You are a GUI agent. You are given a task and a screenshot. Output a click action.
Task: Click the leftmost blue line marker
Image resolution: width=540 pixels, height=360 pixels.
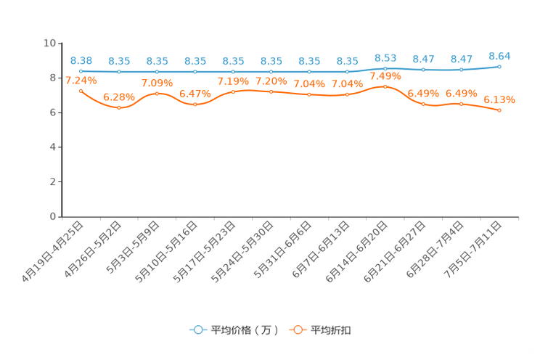coord(81,71)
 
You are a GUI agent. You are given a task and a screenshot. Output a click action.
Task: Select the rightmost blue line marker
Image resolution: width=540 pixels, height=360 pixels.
coord(500,66)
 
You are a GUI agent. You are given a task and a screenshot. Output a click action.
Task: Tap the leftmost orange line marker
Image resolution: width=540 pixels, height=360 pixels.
coord(81,90)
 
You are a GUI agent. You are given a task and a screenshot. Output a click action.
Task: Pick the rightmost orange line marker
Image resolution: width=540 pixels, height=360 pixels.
coord(500,110)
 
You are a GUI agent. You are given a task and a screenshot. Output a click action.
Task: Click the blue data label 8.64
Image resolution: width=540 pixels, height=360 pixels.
coord(500,55)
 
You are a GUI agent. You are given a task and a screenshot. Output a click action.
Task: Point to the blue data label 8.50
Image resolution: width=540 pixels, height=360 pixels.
coord(385,57)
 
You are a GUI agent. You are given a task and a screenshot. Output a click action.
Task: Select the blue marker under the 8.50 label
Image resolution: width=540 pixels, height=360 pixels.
coord(385,68)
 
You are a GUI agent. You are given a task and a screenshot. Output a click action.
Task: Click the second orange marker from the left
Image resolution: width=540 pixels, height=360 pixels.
coord(119,107)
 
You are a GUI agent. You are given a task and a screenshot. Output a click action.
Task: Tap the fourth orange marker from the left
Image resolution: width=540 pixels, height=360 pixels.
coord(195,105)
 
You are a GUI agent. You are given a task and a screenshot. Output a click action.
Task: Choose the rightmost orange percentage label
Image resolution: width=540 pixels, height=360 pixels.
coord(500,100)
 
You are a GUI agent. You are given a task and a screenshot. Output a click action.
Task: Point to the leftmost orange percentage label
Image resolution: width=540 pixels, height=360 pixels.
coord(81,81)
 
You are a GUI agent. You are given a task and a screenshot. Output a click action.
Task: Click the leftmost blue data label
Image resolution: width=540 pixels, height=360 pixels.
coord(81,60)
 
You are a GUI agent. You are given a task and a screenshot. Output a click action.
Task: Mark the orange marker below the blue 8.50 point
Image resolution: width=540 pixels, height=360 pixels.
coord(385,86)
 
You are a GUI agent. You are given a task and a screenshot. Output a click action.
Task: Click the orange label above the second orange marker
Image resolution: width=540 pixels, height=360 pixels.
coord(119,97)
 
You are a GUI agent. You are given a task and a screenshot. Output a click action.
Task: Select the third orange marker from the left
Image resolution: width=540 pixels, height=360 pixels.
coord(157,94)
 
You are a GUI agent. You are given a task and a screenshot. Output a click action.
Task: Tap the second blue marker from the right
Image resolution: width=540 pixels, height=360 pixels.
coord(462,70)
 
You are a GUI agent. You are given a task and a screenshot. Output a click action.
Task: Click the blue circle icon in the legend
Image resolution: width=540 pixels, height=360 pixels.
coord(197,330)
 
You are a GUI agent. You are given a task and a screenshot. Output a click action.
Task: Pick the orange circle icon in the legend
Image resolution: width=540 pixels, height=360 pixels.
coord(298,330)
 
